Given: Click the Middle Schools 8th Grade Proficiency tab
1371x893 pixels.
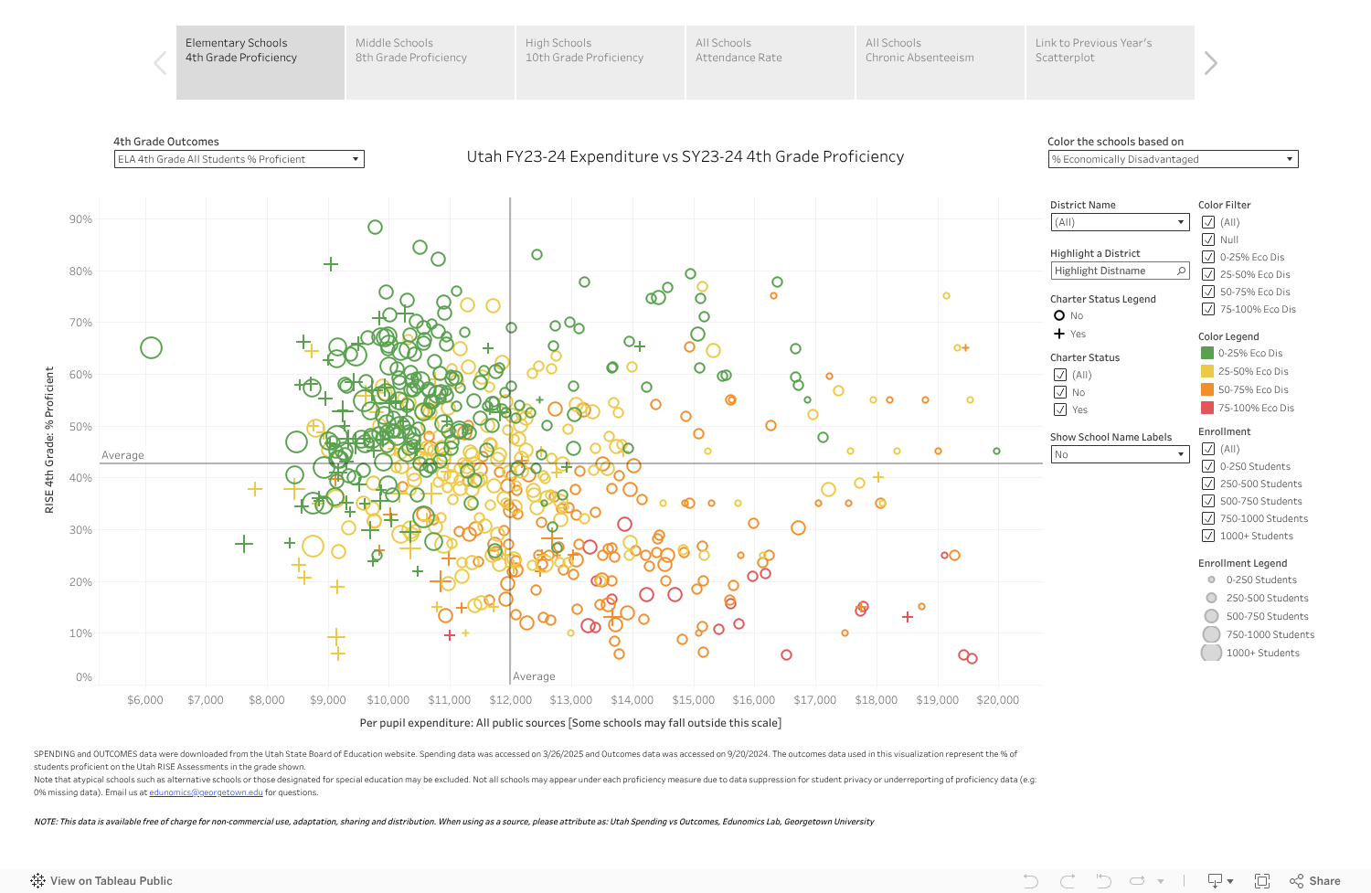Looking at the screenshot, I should point(430,62).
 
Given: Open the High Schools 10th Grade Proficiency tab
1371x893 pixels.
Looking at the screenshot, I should point(600,62).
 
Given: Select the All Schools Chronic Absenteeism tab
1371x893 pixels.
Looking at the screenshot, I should point(940,62).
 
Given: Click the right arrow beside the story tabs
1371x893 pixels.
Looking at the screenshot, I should point(1211,63).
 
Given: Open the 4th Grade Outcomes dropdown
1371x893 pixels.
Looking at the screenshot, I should point(239,159).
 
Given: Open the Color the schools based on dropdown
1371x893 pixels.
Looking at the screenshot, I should point(1173,159).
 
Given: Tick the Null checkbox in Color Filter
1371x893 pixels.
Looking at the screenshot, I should point(1208,239).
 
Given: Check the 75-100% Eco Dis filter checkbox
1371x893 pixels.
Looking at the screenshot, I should point(1208,309).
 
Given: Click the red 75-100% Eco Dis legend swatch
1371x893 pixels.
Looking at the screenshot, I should point(1207,408).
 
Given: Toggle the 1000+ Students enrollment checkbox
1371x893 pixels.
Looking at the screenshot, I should point(1208,536).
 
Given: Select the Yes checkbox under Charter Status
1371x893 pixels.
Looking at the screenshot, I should point(1060,409).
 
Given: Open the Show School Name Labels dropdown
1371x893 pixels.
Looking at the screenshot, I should point(1119,454).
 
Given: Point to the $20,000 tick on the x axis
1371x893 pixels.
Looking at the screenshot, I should point(997,700).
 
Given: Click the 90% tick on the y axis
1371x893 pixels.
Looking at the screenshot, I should point(80,219).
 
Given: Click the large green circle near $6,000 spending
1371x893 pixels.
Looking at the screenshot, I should point(152,347).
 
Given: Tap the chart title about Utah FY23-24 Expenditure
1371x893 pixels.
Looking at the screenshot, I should point(685,156).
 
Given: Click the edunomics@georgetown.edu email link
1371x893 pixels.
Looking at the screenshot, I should point(206,792).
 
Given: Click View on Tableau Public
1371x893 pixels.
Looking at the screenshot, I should point(101,881).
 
